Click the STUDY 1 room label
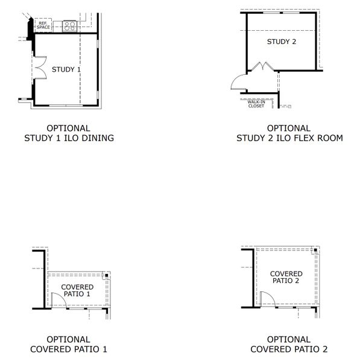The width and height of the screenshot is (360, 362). [x=66, y=69]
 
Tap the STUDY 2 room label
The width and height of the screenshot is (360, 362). [x=282, y=42]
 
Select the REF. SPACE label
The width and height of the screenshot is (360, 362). [x=43, y=25]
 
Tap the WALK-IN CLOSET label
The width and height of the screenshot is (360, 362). [x=256, y=104]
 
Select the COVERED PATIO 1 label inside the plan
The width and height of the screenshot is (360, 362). [x=77, y=290]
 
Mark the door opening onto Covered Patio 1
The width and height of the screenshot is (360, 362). [x=57, y=300]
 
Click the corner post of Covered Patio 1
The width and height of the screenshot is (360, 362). [x=106, y=276]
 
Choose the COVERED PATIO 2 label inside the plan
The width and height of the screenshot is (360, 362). [x=286, y=277]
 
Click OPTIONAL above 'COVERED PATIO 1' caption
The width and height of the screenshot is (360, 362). [x=68, y=340]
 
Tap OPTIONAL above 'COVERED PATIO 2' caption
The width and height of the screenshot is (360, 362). [x=289, y=340]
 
